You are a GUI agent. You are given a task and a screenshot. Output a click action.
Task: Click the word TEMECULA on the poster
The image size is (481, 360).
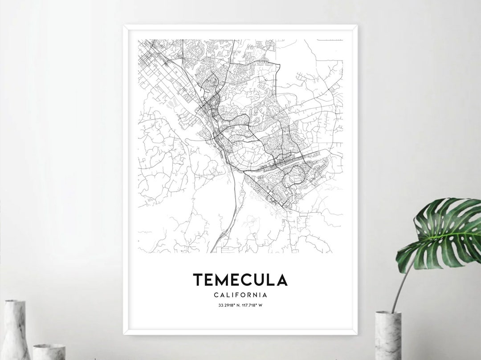click(x=240, y=279)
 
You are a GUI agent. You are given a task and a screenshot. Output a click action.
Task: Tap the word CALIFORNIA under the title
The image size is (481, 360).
click(x=240, y=295)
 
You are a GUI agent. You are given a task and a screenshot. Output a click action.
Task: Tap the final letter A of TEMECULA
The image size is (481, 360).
click(x=281, y=279)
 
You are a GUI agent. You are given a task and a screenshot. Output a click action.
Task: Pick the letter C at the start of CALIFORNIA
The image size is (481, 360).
click(x=216, y=295)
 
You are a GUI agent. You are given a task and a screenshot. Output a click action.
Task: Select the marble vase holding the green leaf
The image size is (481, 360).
click(x=388, y=335)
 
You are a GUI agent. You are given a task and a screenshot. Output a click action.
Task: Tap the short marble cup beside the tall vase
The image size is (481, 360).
click(x=49, y=351)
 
